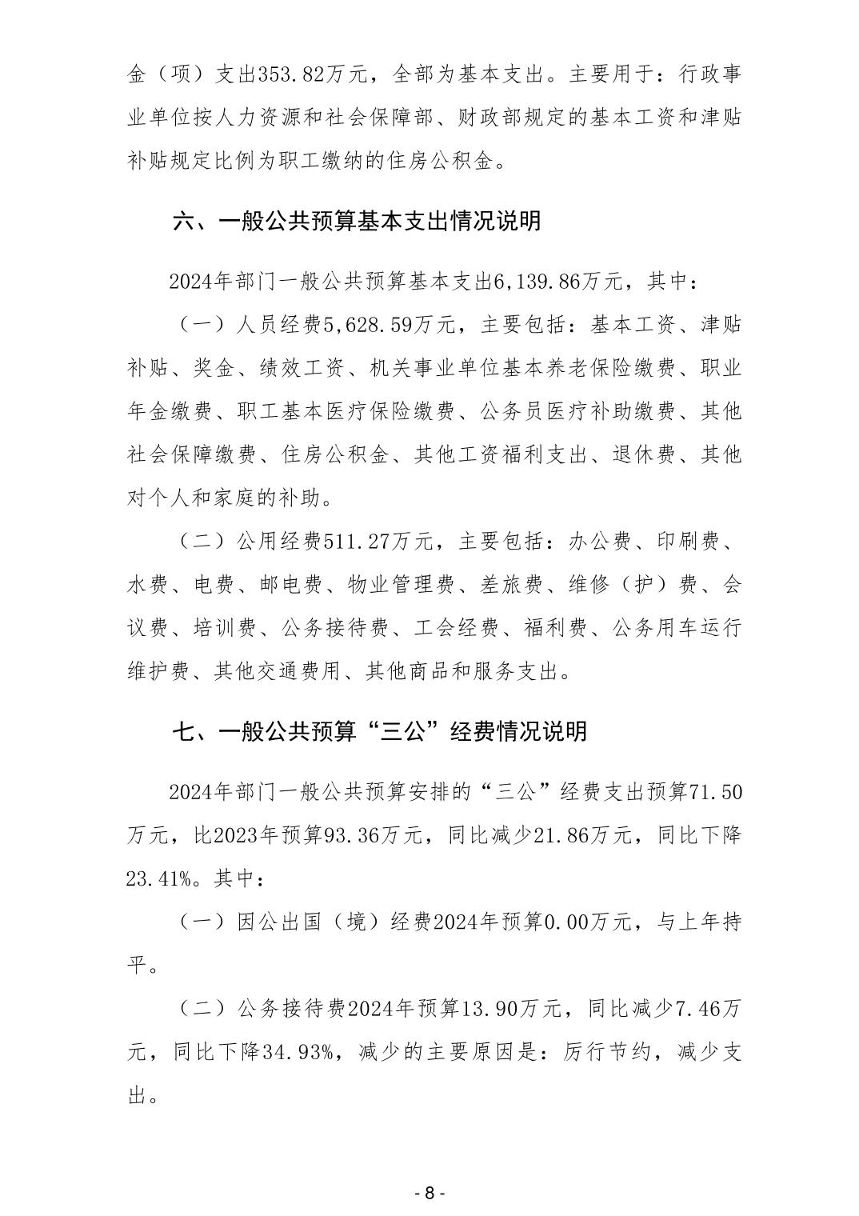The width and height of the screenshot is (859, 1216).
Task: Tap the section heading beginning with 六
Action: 357,221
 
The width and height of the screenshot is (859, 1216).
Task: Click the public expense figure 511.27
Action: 353,542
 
